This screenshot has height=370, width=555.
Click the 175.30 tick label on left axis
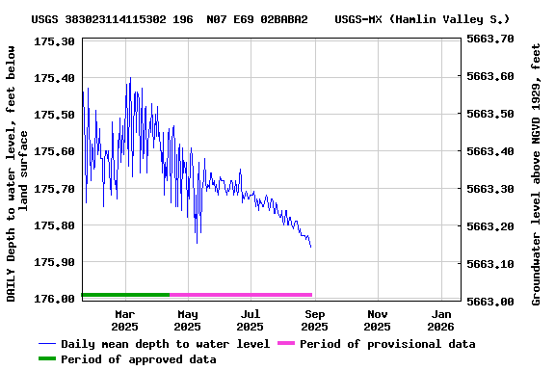point(54,41)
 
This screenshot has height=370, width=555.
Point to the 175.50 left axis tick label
point(54,115)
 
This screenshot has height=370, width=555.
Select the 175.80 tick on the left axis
point(54,225)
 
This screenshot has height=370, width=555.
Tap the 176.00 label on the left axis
point(54,299)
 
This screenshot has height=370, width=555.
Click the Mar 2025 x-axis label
point(124,320)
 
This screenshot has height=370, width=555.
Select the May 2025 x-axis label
point(188,320)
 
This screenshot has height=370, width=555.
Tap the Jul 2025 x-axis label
point(251,320)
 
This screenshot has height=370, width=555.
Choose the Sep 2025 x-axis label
point(314,320)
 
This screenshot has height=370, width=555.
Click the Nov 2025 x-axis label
point(378,320)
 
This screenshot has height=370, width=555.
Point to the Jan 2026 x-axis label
point(441,320)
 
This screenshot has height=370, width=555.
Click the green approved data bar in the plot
point(125,294)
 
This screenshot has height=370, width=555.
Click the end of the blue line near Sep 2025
point(310,247)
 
